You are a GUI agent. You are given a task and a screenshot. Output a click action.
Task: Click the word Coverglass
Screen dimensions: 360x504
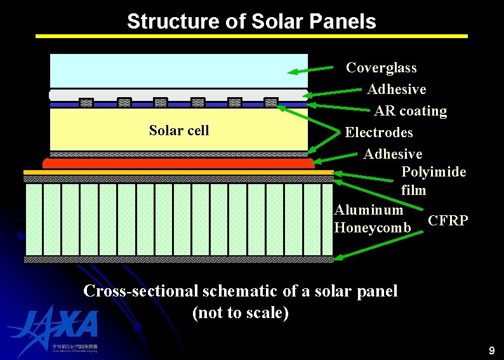(x=381, y=68)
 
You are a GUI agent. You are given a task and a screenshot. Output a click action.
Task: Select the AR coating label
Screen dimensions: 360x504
(x=410, y=111)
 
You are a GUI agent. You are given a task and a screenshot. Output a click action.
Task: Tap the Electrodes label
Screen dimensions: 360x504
(x=378, y=133)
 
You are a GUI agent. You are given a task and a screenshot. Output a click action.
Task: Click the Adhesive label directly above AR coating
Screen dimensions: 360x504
(x=396, y=90)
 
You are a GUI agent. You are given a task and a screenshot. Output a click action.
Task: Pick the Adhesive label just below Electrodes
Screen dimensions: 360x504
(x=392, y=154)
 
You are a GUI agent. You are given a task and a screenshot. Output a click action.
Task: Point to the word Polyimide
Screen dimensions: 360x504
(x=434, y=172)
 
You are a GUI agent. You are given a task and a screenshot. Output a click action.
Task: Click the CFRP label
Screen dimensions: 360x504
(x=448, y=221)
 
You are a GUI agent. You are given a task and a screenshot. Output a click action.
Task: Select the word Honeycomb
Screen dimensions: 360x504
(x=368, y=227)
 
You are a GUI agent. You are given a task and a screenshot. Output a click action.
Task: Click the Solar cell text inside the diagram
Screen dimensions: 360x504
(x=178, y=131)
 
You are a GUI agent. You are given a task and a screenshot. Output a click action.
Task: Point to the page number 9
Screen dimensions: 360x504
(x=491, y=350)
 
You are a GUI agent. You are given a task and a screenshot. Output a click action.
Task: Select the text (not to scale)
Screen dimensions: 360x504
(x=240, y=313)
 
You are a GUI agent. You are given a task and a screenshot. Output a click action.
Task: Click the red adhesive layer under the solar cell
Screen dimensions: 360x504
(x=178, y=163)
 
